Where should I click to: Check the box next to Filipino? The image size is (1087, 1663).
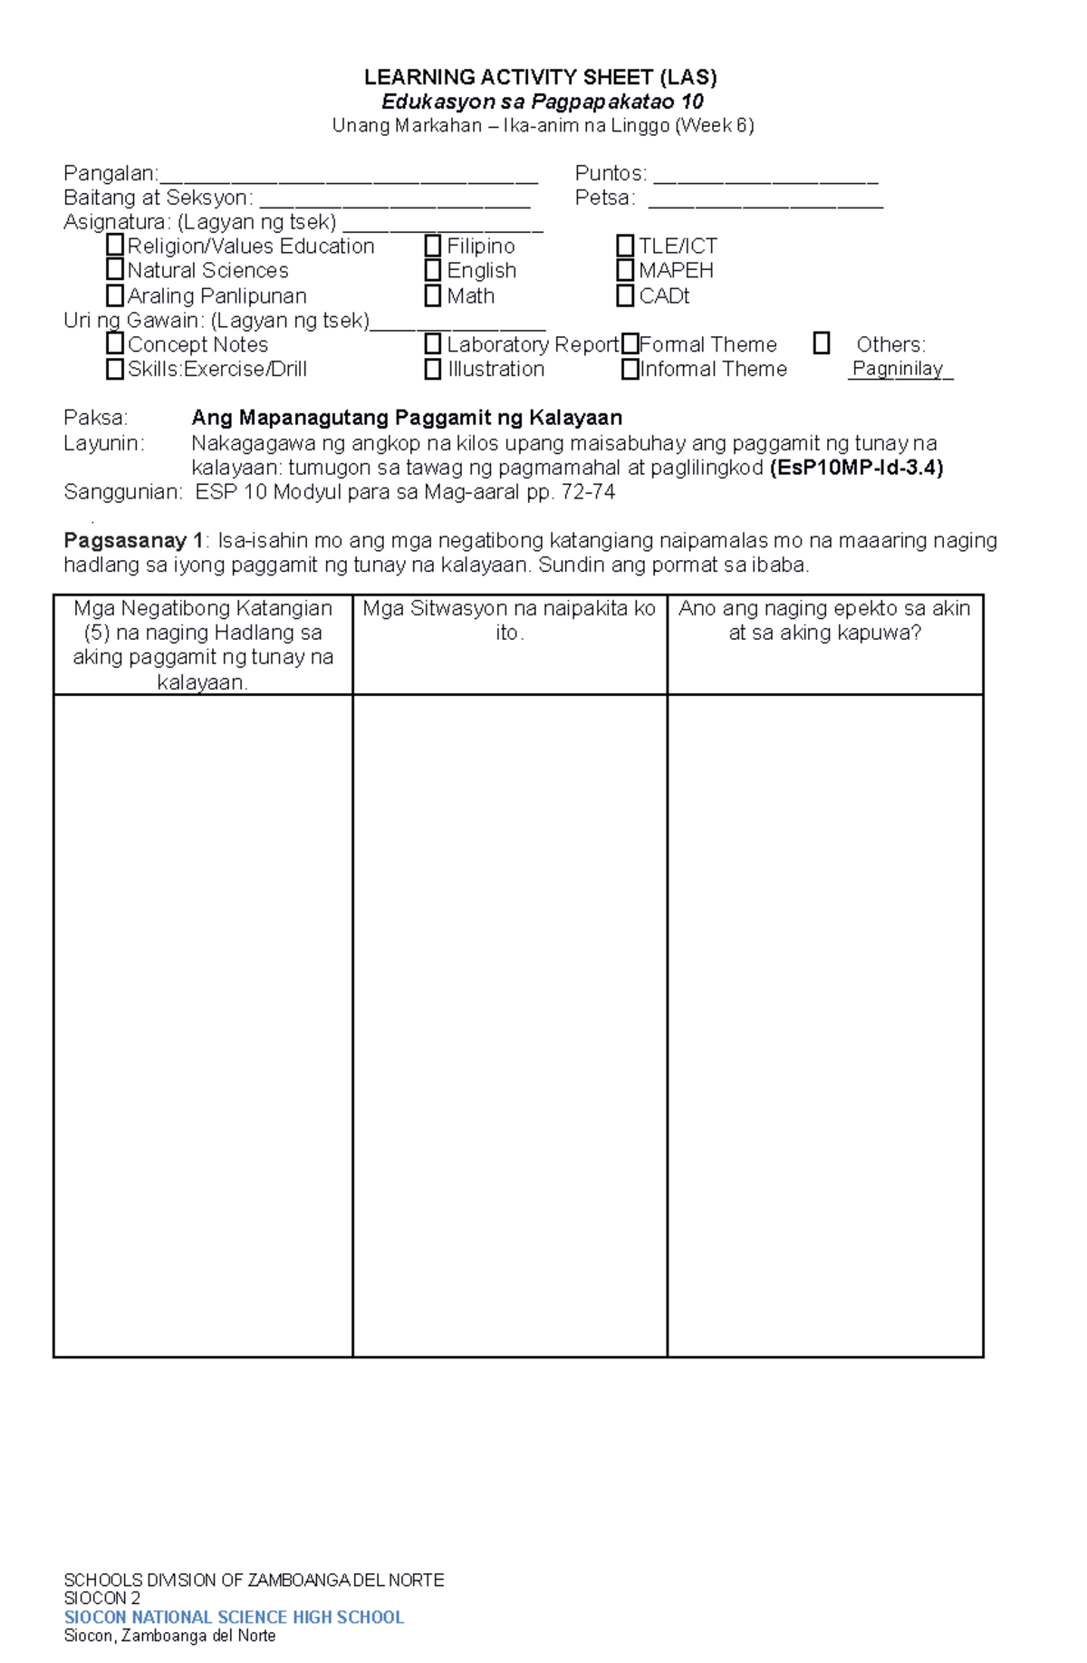pyautogui.click(x=433, y=246)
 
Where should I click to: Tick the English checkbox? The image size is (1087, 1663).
pyautogui.click(x=433, y=270)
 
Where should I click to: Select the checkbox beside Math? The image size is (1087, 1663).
pyautogui.click(x=433, y=295)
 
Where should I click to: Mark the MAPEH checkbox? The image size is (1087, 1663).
pyautogui.click(x=625, y=270)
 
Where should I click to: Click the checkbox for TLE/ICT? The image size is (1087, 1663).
pyautogui.click(x=625, y=246)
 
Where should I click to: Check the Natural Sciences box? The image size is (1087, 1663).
pyautogui.click(x=115, y=269)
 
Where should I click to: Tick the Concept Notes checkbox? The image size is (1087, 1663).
pyautogui.click(x=115, y=343)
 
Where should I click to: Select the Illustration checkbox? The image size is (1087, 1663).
pyautogui.click(x=433, y=369)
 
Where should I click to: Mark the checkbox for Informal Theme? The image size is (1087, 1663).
pyautogui.click(x=630, y=369)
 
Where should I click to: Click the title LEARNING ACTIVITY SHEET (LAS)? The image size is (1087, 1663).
pyautogui.click(x=541, y=77)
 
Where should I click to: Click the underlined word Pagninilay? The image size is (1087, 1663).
pyautogui.click(x=898, y=369)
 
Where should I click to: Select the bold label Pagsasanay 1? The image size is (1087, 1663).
pyautogui.click(x=133, y=541)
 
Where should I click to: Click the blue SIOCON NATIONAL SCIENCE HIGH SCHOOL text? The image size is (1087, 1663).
pyautogui.click(x=234, y=1618)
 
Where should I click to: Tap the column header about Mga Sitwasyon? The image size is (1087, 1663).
pyautogui.click(x=509, y=620)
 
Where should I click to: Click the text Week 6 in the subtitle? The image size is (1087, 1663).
pyautogui.click(x=714, y=125)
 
